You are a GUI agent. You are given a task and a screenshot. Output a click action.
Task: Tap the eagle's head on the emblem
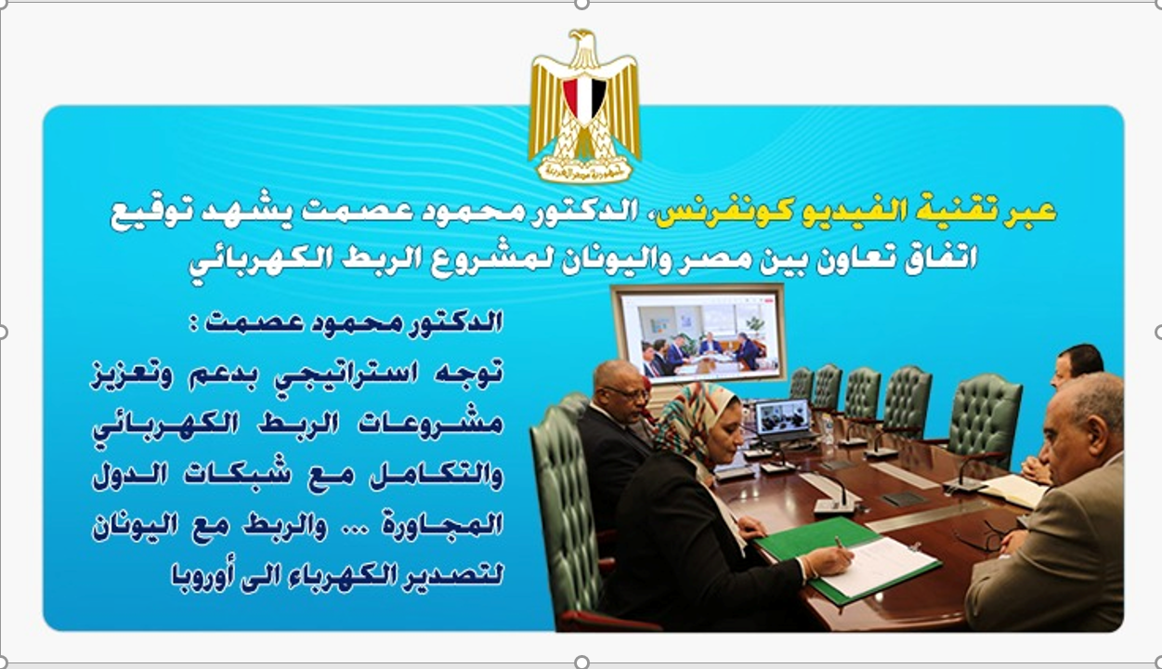pos(582,42)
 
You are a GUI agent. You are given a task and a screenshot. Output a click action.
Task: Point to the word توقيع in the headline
pos(150,213)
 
